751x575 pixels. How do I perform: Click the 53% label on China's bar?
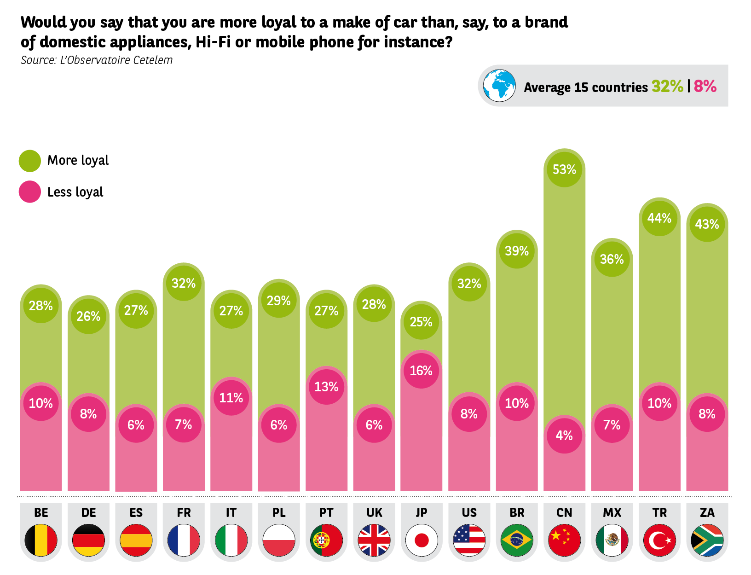[x=564, y=169]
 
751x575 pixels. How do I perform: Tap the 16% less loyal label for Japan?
[x=421, y=371]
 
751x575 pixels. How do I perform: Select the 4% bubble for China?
[x=564, y=436]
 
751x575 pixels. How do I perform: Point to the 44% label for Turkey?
[x=659, y=218]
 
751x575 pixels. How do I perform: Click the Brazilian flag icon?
[x=517, y=540]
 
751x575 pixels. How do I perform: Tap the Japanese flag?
[x=422, y=540]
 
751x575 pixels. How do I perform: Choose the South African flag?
[x=707, y=540]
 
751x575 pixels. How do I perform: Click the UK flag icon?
[x=374, y=540]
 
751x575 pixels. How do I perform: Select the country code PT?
[x=326, y=513]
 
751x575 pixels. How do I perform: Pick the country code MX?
[x=612, y=513]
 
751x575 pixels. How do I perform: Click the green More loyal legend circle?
[x=30, y=161]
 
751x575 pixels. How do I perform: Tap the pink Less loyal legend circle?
[x=30, y=192]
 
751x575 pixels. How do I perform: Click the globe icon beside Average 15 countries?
[x=499, y=86]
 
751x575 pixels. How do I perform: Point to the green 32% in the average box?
[x=667, y=87]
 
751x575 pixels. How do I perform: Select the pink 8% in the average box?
[x=705, y=87]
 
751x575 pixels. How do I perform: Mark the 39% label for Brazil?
[x=517, y=251]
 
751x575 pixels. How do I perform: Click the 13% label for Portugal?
[x=326, y=387]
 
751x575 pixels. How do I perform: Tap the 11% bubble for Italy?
[x=231, y=398]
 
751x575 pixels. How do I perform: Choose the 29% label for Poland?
[x=279, y=301]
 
